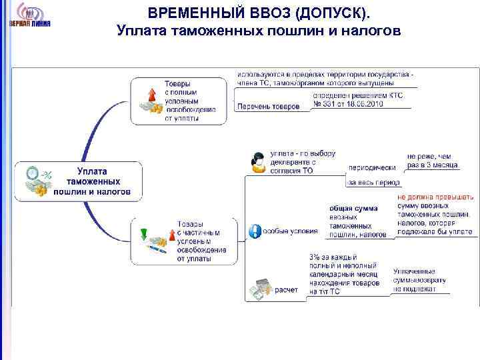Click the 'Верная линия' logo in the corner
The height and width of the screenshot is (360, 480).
[x=29, y=16]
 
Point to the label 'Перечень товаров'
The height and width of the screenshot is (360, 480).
[x=269, y=107]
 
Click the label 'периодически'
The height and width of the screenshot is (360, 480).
[x=371, y=167]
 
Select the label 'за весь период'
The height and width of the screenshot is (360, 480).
[x=373, y=182]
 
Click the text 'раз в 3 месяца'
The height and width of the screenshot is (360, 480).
[x=432, y=164]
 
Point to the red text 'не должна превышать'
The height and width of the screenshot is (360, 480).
[x=435, y=197]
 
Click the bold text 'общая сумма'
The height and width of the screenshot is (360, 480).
[x=353, y=208]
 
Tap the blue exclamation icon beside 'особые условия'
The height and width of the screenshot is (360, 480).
[x=255, y=231]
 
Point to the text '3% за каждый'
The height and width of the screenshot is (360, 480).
[x=333, y=257]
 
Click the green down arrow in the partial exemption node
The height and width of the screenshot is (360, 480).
[x=143, y=233]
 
